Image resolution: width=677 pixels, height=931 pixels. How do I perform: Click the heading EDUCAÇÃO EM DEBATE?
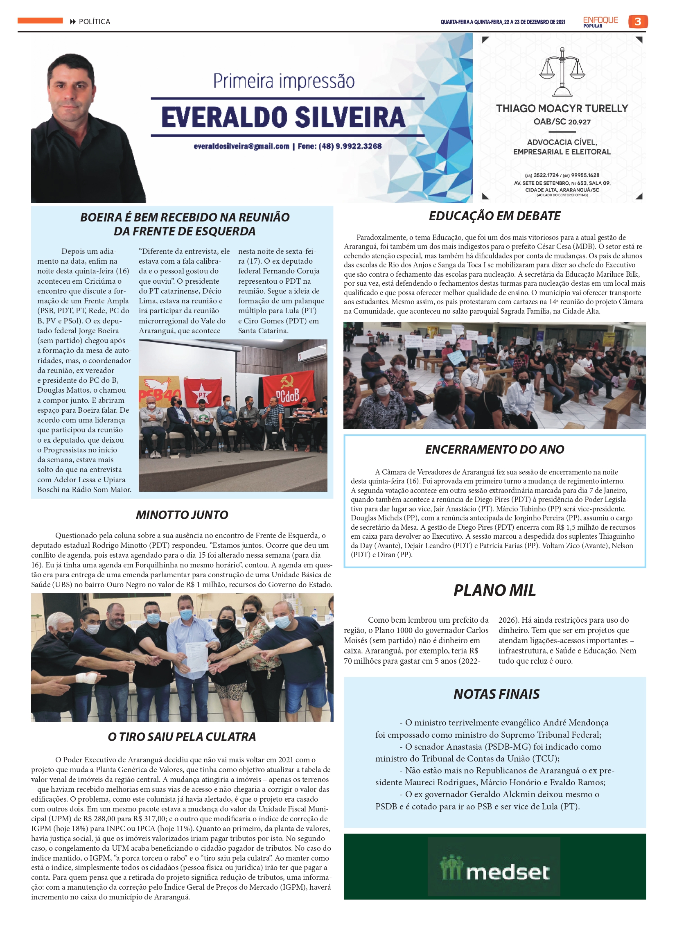pos(494,216)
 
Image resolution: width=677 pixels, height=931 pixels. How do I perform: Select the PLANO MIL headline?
pos(494,590)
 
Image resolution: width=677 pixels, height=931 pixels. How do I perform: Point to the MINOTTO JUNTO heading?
pos(182,515)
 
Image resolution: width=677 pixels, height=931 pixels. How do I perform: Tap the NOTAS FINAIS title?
pos(496,694)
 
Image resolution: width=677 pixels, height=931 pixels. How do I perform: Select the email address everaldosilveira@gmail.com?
pos(241,146)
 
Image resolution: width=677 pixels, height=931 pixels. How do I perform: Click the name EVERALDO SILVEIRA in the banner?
pos(283,118)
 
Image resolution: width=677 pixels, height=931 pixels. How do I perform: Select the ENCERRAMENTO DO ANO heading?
pos(494,450)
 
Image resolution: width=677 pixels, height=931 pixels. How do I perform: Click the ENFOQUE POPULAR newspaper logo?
pos(600,21)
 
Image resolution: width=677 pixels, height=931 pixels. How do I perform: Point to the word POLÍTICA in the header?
pos(95,22)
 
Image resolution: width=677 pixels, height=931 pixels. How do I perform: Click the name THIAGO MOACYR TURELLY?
pos(562,108)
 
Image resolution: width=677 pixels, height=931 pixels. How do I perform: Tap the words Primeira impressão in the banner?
pos(284,81)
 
